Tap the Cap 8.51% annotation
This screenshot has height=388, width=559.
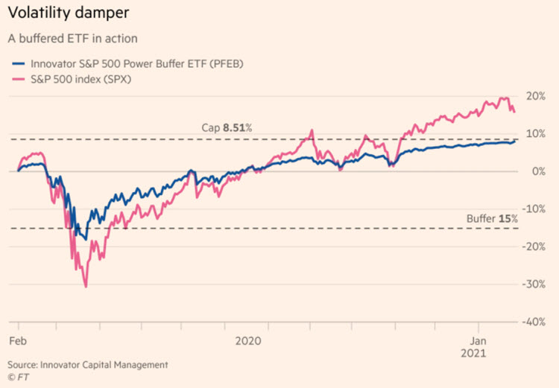(227, 128)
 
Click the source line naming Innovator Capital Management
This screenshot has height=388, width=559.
(88, 365)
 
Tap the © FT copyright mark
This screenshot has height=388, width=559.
(17, 377)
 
